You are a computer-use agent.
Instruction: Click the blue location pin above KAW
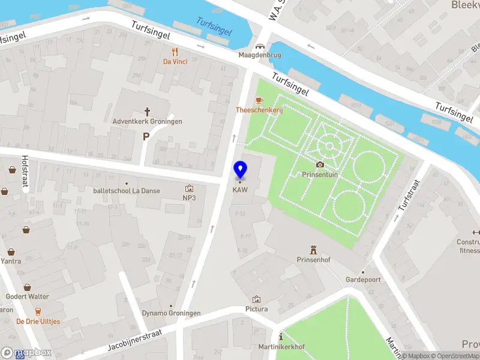[x=240, y=170]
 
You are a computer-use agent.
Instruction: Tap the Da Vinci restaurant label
[x=175, y=61]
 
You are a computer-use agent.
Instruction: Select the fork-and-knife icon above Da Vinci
[x=175, y=52]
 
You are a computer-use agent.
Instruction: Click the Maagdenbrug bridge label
[x=260, y=55]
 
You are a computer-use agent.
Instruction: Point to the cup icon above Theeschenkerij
[x=259, y=100]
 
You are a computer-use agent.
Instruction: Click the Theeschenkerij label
[x=259, y=110]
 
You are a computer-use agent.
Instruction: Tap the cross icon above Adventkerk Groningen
[x=147, y=111]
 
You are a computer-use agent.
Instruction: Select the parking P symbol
[x=146, y=137]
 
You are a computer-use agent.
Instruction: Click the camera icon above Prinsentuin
[x=320, y=164]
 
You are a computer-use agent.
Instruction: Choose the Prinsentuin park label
[x=320, y=174]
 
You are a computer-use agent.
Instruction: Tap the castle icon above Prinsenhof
[x=313, y=250]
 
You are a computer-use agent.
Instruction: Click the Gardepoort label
[x=363, y=280]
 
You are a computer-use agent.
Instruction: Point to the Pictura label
[x=257, y=309]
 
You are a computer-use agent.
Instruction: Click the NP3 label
[x=190, y=197]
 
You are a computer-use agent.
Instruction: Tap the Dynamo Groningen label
[x=171, y=314]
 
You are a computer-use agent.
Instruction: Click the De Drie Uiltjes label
[x=38, y=322]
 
